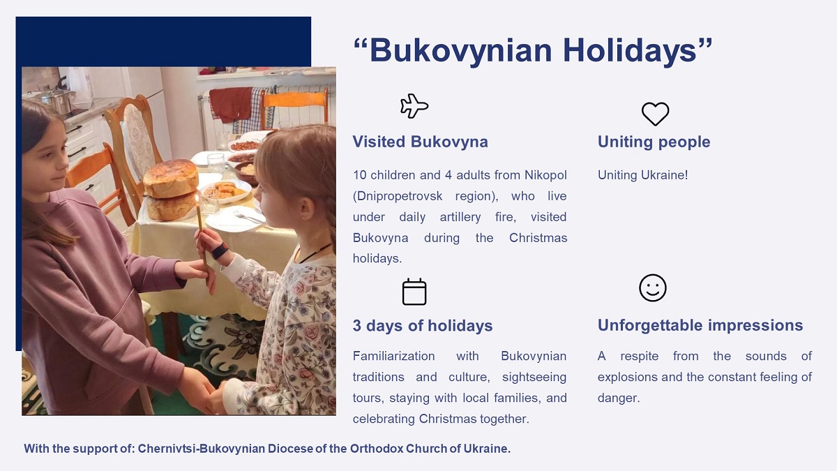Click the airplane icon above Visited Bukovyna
coord(414,106)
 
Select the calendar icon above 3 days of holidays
coord(414,292)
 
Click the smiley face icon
coord(652,287)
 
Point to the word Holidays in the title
coord(630,50)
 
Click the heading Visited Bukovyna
coord(421,142)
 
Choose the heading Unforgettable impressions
coord(700,325)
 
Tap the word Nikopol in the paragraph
coord(545,175)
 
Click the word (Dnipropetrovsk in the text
coord(398,196)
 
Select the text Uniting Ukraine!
coord(642,175)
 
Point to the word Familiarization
coord(394,356)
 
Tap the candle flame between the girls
coord(197,197)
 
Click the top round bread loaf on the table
coord(171,178)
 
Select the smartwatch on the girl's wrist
coord(220,251)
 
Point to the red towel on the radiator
coord(230,104)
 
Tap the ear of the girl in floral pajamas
coord(306,209)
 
